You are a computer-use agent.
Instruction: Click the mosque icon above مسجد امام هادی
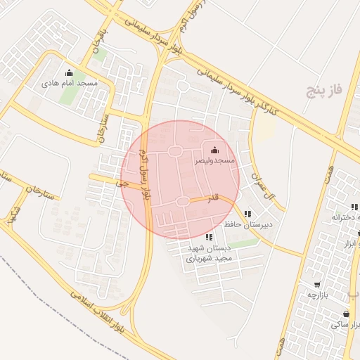point(69,72)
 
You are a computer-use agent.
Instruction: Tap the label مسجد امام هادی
point(69,83)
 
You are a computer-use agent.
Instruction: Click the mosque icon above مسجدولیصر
point(214,150)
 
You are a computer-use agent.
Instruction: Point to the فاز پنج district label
point(323,91)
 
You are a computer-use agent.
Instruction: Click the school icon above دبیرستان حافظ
point(247,213)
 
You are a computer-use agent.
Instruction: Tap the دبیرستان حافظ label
point(248,224)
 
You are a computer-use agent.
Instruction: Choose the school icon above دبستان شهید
point(209,238)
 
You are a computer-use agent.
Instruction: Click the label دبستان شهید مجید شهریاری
point(209,253)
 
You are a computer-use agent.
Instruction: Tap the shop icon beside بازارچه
point(318,285)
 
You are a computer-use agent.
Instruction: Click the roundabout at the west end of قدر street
point(182,202)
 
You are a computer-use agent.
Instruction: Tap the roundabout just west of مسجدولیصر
point(174,151)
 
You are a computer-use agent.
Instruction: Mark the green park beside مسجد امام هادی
point(67,96)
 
